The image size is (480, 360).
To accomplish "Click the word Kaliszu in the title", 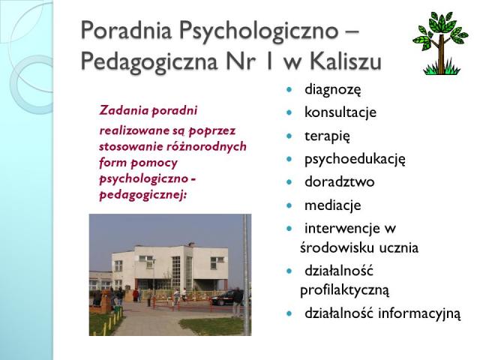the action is (345, 61).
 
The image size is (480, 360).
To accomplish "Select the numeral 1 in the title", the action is (269, 61).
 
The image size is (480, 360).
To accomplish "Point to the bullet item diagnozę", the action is (333, 90).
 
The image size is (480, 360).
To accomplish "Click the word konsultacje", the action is (340, 112).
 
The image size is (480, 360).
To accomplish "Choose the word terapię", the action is (327, 136).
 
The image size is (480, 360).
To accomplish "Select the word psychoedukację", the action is (355, 159).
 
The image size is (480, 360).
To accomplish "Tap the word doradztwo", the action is (340, 181).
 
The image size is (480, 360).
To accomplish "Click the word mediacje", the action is (333, 205).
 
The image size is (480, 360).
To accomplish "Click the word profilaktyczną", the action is (345, 289).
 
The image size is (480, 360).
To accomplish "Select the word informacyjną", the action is (419, 313).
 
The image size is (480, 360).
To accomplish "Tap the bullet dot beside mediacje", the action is (289, 205).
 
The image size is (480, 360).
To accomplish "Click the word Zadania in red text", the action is (124, 110).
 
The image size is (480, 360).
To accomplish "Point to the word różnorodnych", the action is (206, 146).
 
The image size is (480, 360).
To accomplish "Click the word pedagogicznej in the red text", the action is (143, 195).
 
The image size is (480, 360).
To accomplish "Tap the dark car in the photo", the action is (226, 298).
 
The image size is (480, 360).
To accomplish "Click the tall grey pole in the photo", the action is (246, 274).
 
